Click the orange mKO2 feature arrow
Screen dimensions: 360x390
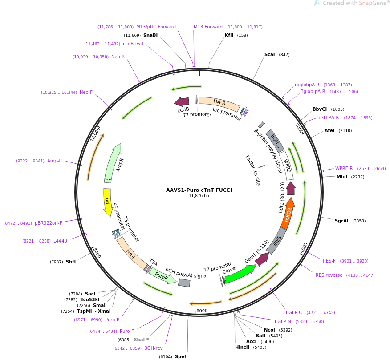point(288,217)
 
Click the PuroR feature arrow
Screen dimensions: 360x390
point(162,275)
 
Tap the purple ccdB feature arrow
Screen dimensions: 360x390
point(182,101)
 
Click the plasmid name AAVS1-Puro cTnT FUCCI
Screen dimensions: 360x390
point(199,190)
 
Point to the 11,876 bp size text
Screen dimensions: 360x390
point(199,196)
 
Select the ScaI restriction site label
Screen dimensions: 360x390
point(269,55)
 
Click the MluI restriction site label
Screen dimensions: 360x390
point(342,177)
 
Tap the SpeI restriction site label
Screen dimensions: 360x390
point(180,356)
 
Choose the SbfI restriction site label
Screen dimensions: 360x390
point(71,262)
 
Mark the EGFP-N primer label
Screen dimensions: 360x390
point(283,321)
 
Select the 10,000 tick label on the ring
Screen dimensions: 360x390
point(95,133)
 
